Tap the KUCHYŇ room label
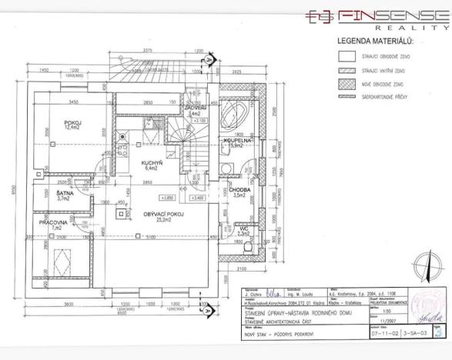point(150,164)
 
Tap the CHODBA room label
point(236,192)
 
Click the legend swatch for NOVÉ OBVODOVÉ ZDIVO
point(347,83)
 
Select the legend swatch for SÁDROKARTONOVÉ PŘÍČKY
point(347,97)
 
